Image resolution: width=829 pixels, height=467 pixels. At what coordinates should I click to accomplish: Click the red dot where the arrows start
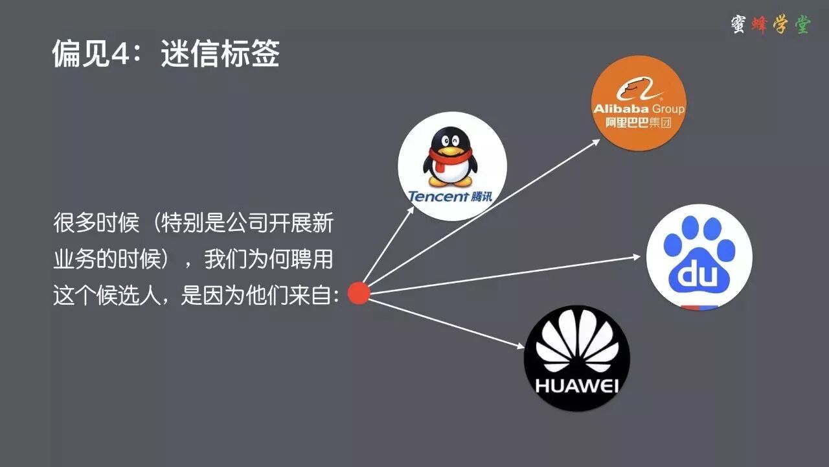point(358,293)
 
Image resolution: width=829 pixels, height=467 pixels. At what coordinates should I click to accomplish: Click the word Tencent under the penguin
point(437,195)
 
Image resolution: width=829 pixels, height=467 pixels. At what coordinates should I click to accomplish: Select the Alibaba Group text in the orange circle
point(639,108)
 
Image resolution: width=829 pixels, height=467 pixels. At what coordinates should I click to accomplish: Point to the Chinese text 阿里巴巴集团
point(639,122)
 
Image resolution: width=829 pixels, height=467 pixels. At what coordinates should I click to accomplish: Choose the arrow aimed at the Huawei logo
point(447,322)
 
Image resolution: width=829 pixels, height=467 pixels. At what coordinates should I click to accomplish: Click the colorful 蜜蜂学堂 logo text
point(770,25)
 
